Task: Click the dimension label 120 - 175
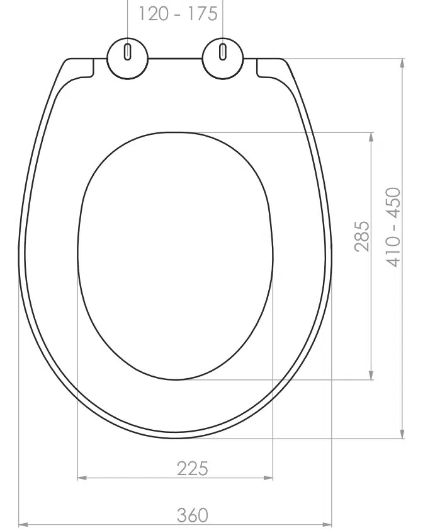[x=178, y=14]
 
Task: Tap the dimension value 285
[x=362, y=236]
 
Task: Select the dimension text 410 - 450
[x=393, y=227]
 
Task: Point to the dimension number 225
[x=192, y=468]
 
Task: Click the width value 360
[x=193, y=515]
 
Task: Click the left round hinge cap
[x=128, y=59]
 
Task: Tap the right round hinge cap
[x=223, y=59]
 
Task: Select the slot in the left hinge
[x=127, y=52]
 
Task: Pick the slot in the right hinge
[x=223, y=52]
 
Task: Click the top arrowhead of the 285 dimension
[x=371, y=137]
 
